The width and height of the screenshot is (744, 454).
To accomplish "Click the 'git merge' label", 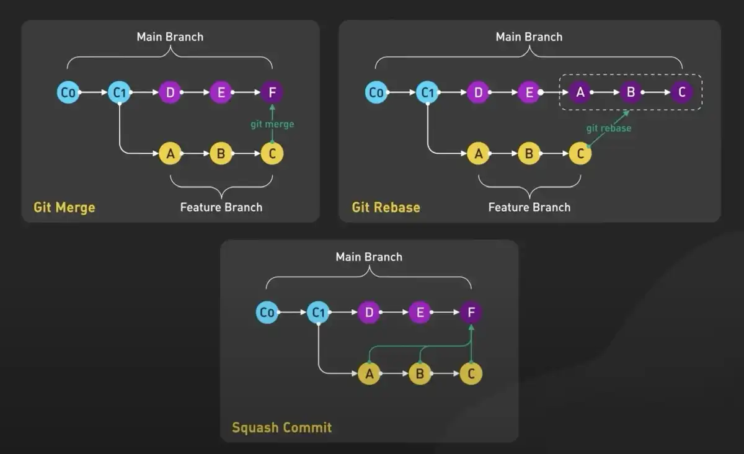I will tap(272, 124).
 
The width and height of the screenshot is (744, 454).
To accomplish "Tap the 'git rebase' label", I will tap(609, 128).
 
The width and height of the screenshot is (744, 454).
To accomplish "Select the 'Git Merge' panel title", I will tap(64, 207).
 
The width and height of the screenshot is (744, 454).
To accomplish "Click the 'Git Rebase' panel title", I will tap(386, 207).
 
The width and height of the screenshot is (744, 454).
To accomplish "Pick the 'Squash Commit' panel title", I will tap(281, 427).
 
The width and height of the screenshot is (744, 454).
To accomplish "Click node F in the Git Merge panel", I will tap(272, 93).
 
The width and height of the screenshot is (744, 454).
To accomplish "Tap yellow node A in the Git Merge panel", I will tap(170, 153).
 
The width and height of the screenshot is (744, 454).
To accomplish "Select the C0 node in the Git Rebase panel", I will tap(376, 93).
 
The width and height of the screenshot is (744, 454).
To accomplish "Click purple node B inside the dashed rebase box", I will tap(631, 93).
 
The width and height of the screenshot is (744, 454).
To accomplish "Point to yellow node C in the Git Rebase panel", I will tap(580, 153).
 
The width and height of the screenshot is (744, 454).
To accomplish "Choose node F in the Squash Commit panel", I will tap(471, 313).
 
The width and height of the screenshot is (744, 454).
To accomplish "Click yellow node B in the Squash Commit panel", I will tap(420, 373).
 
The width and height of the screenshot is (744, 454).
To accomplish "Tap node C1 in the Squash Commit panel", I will tap(318, 313).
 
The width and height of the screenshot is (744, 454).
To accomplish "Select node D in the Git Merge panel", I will tap(170, 93).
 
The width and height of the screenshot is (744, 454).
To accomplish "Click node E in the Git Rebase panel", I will tap(529, 93).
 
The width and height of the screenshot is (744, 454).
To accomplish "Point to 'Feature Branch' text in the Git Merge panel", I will tap(221, 207).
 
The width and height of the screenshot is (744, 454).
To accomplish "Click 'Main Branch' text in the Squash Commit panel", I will tap(369, 257).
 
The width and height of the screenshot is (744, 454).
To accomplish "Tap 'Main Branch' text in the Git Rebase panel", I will tap(529, 37).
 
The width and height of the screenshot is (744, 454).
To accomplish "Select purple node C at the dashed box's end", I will tap(681, 93).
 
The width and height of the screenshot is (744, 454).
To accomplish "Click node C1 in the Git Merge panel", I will tap(119, 93).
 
